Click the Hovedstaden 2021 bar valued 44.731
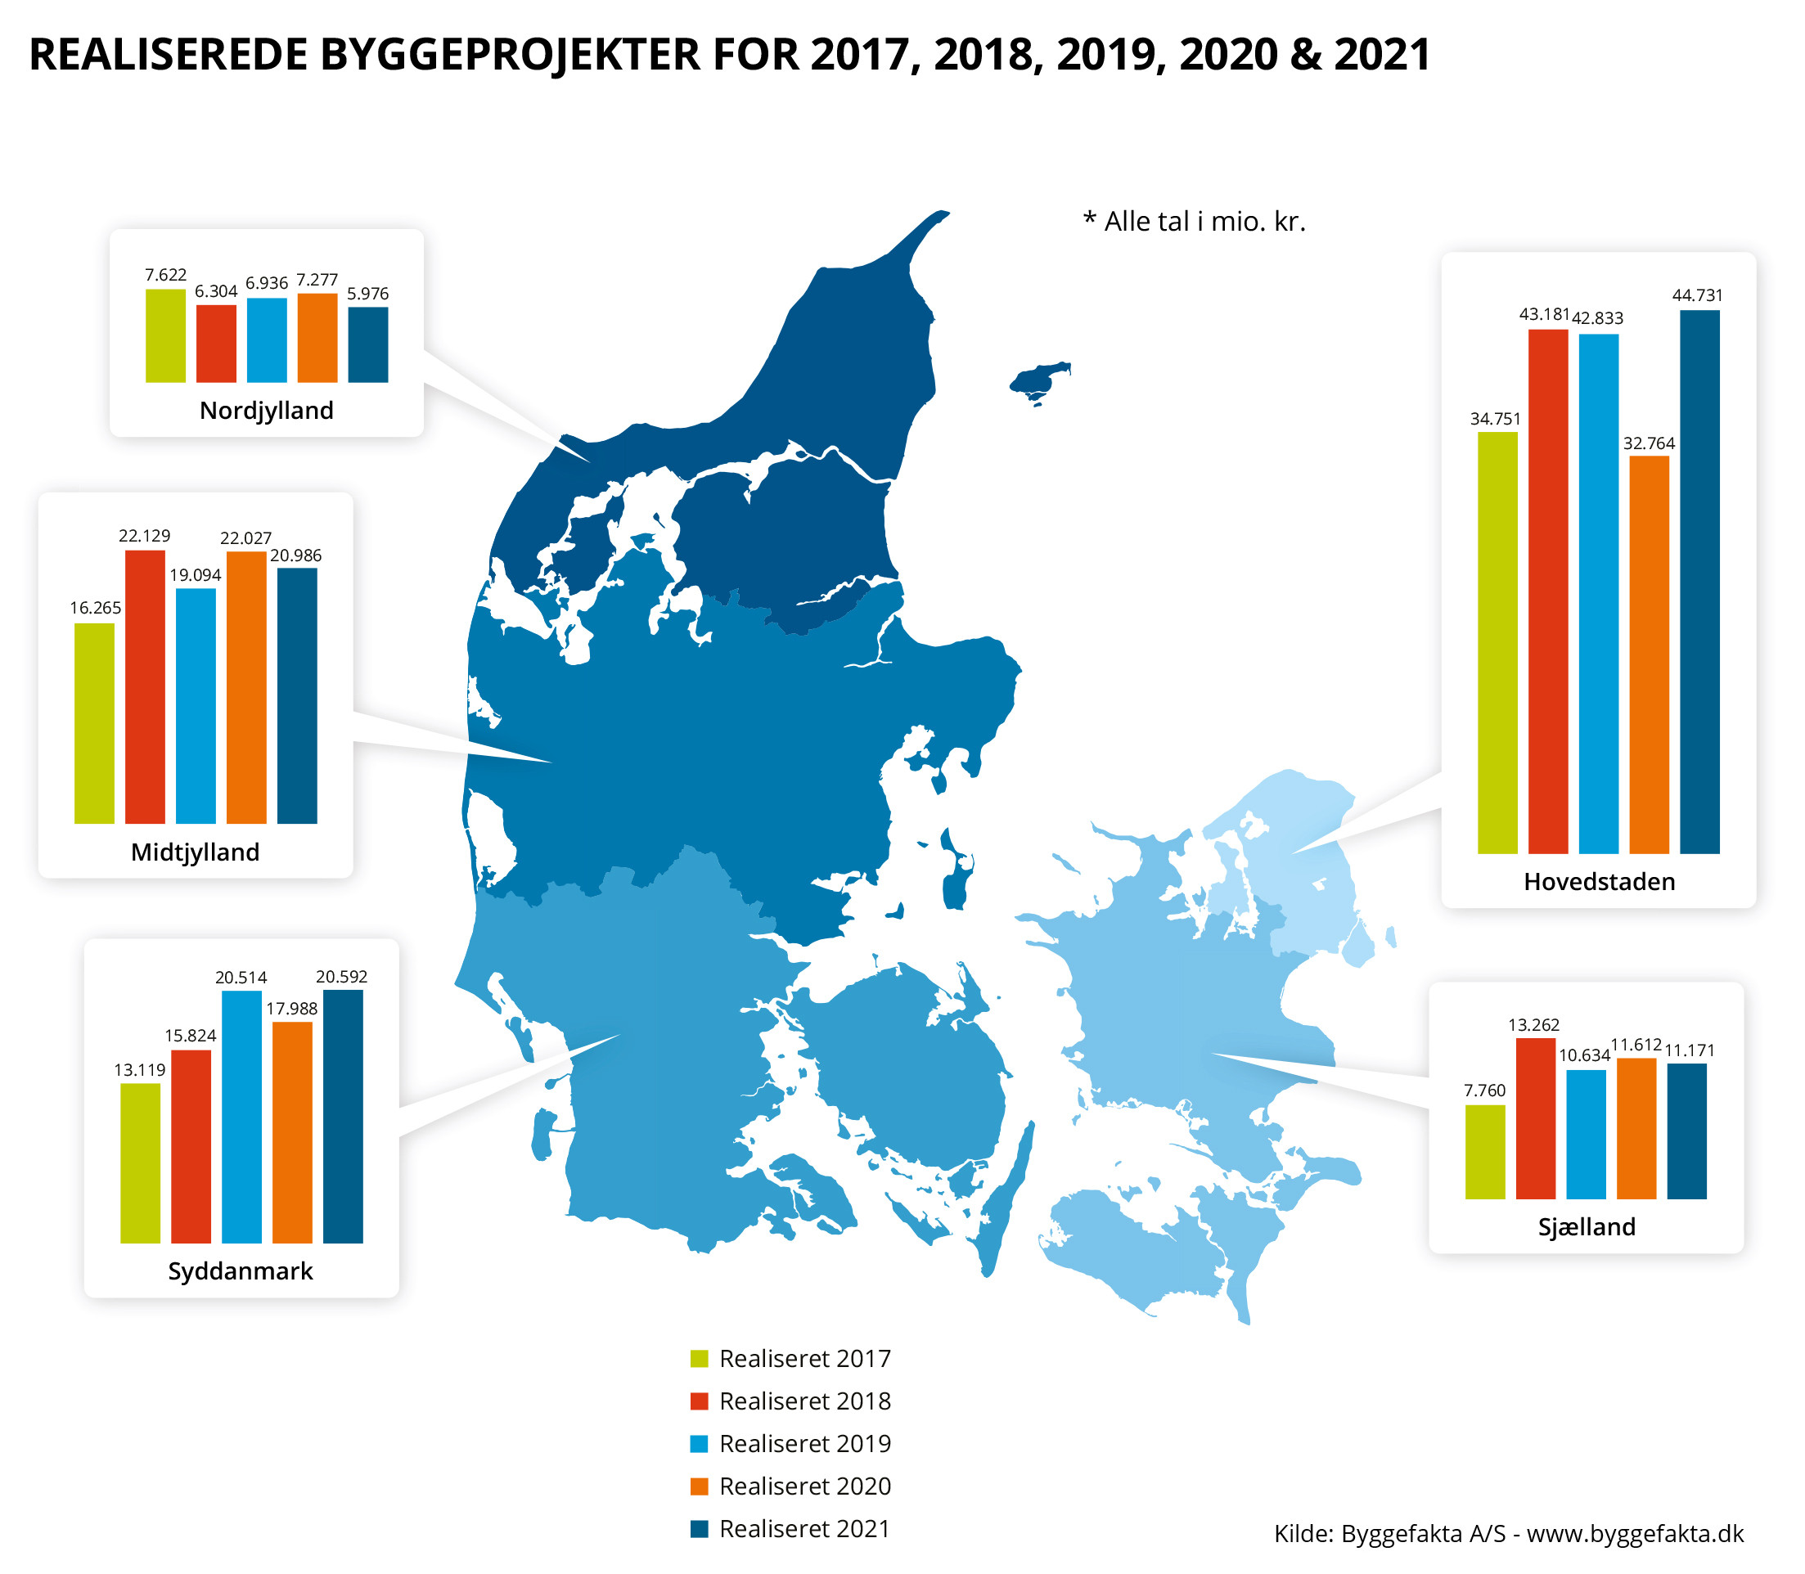pos(1699,582)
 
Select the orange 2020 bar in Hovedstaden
pos(1649,654)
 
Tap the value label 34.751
pos(1495,419)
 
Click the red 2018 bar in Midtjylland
pos(145,687)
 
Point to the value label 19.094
pos(195,575)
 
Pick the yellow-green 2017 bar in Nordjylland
pos(165,335)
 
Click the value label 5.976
pos(367,294)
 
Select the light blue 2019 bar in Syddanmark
pos(241,1117)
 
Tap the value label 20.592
pos(342,977)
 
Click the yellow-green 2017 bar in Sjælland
pos(1484,1152)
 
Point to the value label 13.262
pos(1533,1025)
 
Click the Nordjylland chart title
pos(266,410)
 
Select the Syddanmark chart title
pos(241,1271)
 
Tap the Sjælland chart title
pos(1587,1227)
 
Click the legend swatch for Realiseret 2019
pos(699,1444)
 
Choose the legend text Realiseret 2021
pos(804,1529)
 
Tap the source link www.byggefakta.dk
pos(1635,1534)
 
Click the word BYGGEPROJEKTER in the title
pos(511,55)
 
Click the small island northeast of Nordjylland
pos(1039,380)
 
